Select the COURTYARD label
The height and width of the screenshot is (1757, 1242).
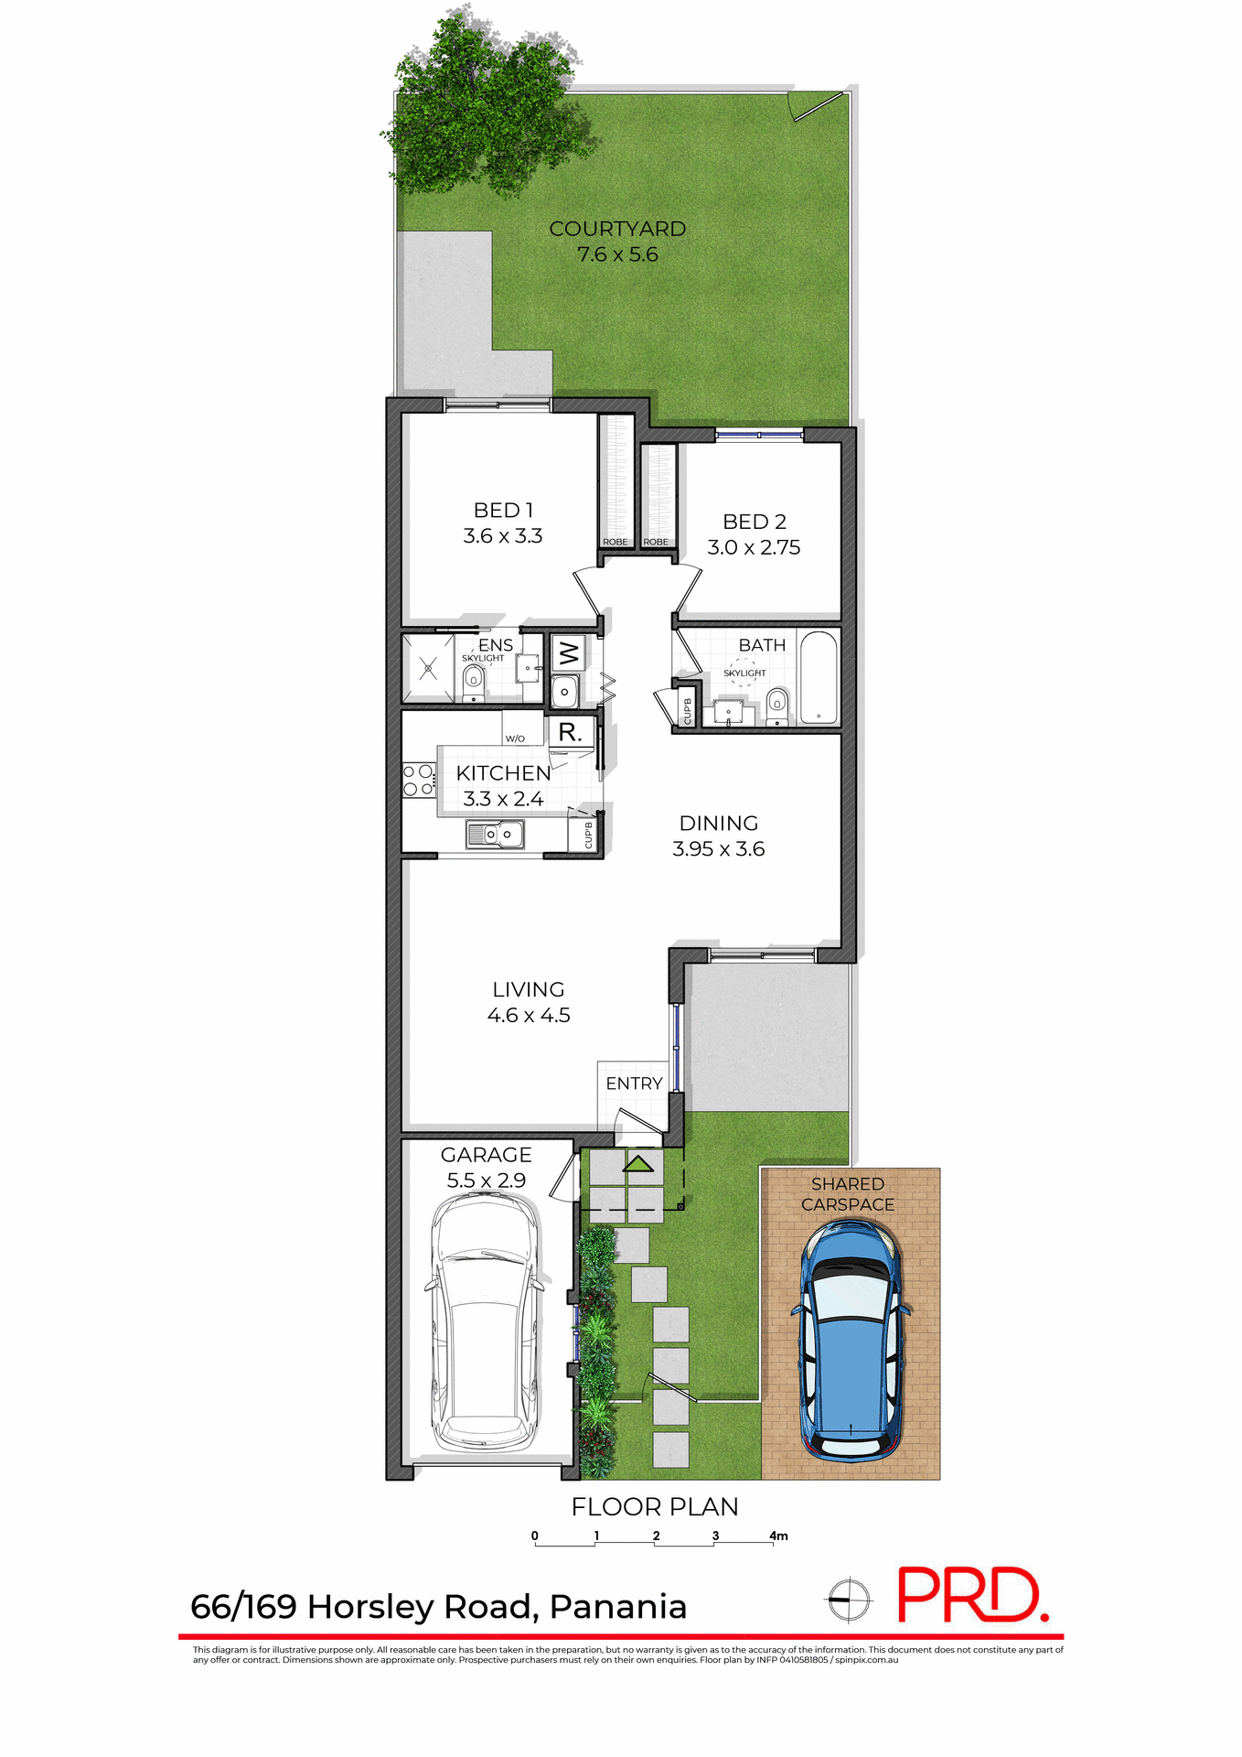pos(617,229)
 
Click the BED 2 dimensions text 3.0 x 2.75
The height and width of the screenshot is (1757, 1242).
pos(754,547)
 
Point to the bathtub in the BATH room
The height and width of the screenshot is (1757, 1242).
pos(819,677)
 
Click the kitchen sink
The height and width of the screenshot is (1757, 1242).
pos(496,835)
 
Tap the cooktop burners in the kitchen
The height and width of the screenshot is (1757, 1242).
pos(419,780)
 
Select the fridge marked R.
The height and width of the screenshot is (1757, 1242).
pos(571,732)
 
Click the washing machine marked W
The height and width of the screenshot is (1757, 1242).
pos(568,653)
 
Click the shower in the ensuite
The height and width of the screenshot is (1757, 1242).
pos(428,669)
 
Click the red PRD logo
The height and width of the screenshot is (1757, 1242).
pos(972,1596)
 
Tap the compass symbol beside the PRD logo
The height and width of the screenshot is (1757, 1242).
pos(849,1601)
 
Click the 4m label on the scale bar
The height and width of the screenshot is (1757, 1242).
pos(778,1536)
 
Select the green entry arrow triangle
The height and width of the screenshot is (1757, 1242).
pos(638,1163)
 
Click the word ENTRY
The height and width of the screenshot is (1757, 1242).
pos(634,1083)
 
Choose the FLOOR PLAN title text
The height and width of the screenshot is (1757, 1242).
pos(655,1506)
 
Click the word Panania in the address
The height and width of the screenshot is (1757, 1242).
pos(618,1607)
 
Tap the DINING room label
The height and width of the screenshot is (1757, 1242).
pos(719,823)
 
